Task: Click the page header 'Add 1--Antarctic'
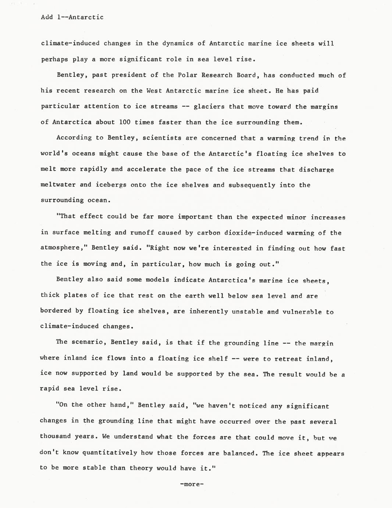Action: tap(72, 17)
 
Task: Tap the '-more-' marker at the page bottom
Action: tap(192, 484)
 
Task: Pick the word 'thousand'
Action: tap(55, 437)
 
